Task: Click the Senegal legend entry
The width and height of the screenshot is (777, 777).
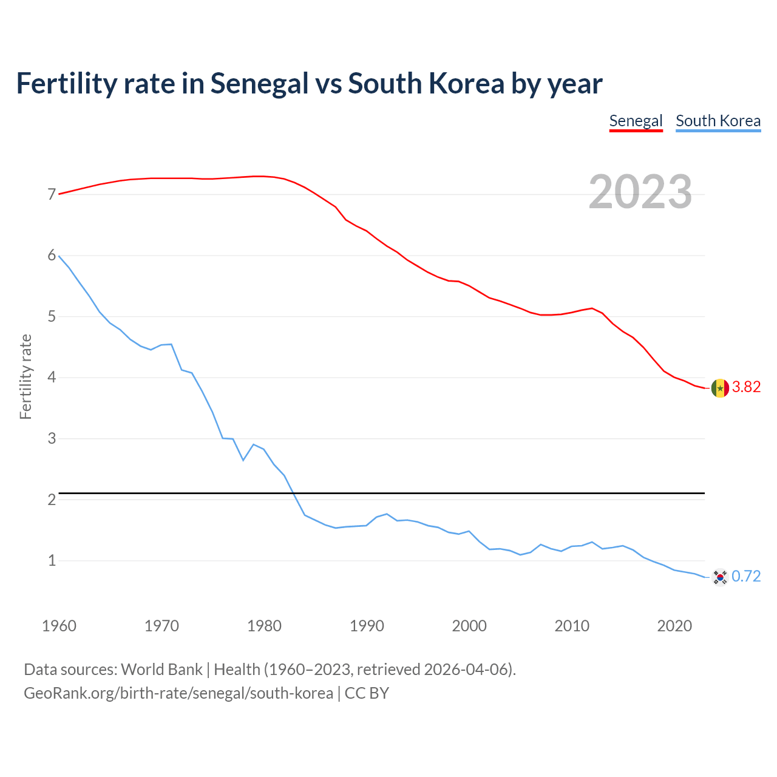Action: [x=636, y=121]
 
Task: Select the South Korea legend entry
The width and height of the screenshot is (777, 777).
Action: [x=718, y=121]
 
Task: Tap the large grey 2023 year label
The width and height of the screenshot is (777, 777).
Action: [x=640, y=192]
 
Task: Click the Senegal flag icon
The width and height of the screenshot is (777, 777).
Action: [x=720, y=387]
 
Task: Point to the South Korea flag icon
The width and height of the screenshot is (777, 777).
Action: [x=720, y=577]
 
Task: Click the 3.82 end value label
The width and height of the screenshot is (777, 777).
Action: [x=746, y=387]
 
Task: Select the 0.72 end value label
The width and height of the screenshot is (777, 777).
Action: [x=746, y=577]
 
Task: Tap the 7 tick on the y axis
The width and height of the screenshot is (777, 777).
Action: [x=52, y=195]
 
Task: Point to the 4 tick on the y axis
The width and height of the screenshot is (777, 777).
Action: [x=52, y=378]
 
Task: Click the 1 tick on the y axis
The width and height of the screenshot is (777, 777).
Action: [x=52, y=561]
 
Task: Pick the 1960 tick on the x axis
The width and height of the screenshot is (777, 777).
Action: [x=59, y=626]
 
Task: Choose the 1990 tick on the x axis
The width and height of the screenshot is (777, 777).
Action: [x=367, y=626]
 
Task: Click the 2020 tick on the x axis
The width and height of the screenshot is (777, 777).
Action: [x=674, y=626]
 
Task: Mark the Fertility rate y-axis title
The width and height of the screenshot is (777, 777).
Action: [x=25, y=376]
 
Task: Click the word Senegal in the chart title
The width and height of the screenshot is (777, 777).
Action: [x=259, y=83]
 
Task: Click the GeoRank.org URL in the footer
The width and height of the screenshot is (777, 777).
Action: [x=178, y=693]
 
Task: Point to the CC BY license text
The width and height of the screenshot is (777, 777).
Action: [x=367, y=693]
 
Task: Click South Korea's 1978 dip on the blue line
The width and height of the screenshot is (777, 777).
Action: [x=243, y=460]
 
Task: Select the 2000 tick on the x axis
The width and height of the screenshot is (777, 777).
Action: [x=469, y=626]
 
